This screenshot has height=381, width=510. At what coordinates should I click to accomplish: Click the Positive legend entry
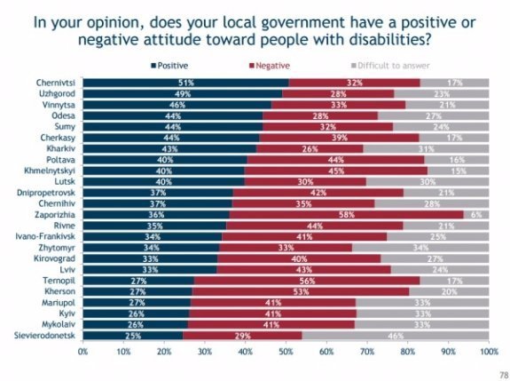point(173,66)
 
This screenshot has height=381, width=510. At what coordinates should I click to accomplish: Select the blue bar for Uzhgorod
point(182,93)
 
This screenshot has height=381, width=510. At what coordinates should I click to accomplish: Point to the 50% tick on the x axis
point(286,352)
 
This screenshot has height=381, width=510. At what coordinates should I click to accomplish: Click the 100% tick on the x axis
point(486,352)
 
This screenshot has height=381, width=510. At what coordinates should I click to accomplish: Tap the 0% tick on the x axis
point(83,352)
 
